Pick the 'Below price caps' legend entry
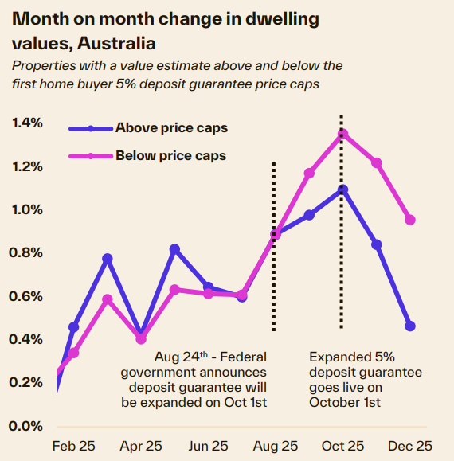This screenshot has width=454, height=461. coord(170,155)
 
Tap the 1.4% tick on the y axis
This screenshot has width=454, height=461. coord(27,123)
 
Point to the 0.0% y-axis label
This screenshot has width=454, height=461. coord(27,425)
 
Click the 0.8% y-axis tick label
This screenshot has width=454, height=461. coord(27,253)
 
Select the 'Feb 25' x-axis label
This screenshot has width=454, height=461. coord(73,446)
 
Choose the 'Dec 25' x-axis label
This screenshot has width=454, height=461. coord(410,446)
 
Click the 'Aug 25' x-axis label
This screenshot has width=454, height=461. coord(276,446)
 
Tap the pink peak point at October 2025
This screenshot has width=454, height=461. coord(343,134)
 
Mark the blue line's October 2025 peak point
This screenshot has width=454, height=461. coord(343,189)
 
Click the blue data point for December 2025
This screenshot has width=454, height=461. coord(410,326)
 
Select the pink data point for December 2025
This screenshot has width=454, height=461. coord(410,220)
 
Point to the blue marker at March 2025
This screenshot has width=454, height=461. coord(108,259)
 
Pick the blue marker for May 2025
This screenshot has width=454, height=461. coord(174,249)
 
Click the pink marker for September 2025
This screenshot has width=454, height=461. coord(309,173)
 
